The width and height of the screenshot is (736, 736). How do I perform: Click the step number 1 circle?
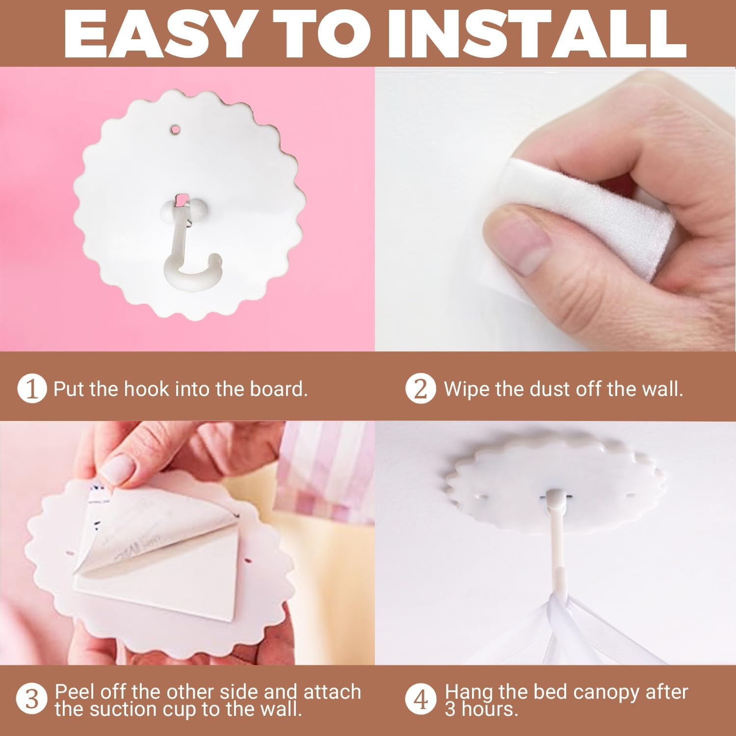tap(32, 389)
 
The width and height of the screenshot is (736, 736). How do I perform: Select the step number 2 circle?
tap(421, 389)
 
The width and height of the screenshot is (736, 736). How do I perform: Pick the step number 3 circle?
tap(32, 699)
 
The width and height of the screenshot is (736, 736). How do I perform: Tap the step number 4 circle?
tap(421, 699)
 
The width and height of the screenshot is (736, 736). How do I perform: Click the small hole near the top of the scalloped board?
tap(175, 130)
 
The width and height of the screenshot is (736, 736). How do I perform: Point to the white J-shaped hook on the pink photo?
tap(189, 240)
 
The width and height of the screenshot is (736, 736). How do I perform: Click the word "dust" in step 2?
tap(550, 389)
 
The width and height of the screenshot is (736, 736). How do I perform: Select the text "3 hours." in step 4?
tap(481, 709)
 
